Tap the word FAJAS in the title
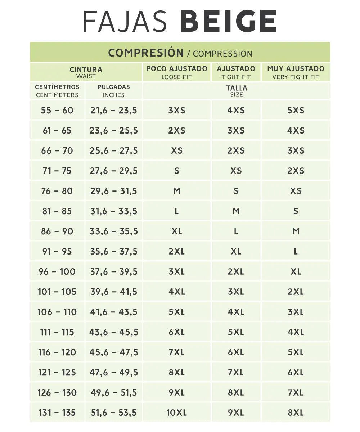[125, 21]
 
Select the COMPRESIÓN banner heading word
[146, 53]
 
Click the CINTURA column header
[86, 69]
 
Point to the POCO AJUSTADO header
[177, 68]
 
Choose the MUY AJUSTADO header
[296, 68]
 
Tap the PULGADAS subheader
[114, 87]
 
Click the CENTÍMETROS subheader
[57, 87]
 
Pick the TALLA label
[237, 88]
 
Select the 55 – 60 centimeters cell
[57, 110]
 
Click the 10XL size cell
[177, 413]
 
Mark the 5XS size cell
[296, 110]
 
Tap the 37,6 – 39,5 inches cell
[114, 271]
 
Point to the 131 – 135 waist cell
[57, 413]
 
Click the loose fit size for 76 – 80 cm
[177, 191]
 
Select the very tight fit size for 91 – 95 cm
[296, 251]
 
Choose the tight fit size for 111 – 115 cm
[236, 332]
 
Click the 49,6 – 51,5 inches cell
[114, 392]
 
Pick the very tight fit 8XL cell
[296, 413]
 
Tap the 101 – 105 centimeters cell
[57, 292]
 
